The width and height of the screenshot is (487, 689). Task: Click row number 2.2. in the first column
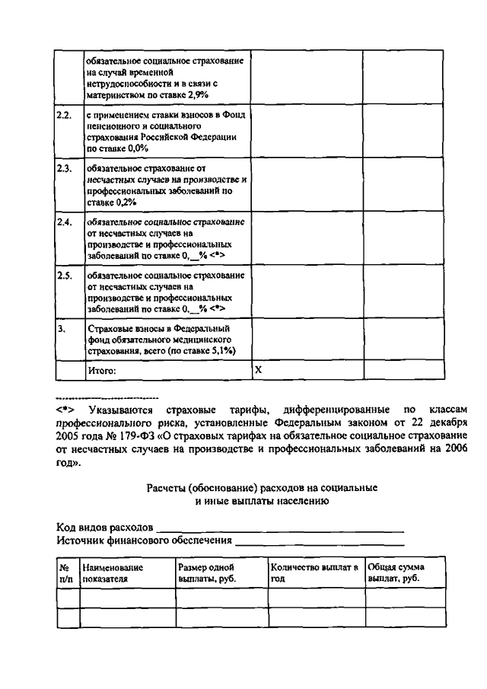pyautogui.click(x=64, y=115)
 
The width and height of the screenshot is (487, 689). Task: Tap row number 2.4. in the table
pyautogui.click(x=64, y=221)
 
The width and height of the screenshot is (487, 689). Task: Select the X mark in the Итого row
pyautogui.click(x=258, y=369)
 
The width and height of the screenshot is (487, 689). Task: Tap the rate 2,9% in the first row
pyautogui.click(x=196, y=94)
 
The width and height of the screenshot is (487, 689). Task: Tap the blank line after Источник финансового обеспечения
pyautogui.click(x=320, y=541)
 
